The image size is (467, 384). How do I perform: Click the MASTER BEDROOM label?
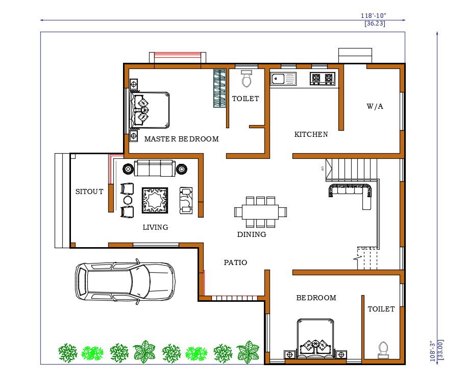181,139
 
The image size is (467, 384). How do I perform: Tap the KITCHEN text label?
311,135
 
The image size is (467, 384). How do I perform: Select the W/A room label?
375,107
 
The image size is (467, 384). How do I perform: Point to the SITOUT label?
89,192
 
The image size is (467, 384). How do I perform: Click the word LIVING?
155,227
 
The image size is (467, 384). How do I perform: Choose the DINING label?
252,235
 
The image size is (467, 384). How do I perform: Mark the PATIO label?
235,262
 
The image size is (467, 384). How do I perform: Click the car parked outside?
125,281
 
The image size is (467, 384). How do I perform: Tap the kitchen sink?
283,79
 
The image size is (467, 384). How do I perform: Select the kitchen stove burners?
323,79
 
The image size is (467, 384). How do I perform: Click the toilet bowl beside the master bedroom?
247,79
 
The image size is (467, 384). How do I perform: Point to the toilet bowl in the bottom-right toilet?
383,349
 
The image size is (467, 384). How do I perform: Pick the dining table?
260,211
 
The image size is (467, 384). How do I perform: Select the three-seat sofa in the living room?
154,168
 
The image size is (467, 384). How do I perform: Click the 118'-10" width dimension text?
373,16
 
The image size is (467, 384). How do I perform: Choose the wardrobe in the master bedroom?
219,88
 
